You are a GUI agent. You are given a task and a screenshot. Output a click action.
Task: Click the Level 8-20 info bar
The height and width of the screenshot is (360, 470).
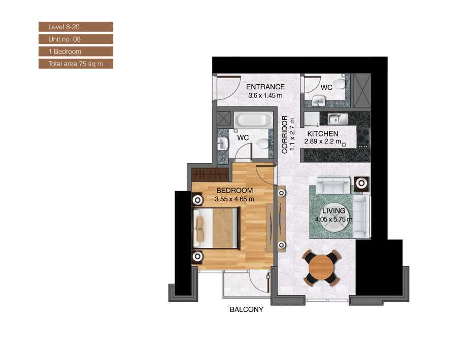tap(75, 27)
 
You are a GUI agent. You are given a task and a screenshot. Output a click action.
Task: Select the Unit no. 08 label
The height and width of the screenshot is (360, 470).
tap(75, 39)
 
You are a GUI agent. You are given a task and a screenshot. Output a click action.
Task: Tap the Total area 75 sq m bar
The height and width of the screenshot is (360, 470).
tap(75, 64)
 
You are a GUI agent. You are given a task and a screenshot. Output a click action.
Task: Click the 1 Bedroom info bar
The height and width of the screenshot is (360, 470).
tap(75, 52)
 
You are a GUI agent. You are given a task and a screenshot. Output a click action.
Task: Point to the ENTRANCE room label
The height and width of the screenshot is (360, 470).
tap(265, 87)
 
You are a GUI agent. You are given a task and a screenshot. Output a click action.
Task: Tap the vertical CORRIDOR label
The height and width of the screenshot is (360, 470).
tap(285, 135)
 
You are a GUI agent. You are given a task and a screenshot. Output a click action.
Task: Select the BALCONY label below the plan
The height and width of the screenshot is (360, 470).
tap(246, 310)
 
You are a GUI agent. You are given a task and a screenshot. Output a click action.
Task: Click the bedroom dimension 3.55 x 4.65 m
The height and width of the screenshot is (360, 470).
tap(234, 199)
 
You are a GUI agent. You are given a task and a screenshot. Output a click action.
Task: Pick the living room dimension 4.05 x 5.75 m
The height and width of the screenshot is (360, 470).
tap(333, 219)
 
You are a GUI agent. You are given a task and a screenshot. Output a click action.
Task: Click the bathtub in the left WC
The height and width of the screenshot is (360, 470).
tap(253, 121)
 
